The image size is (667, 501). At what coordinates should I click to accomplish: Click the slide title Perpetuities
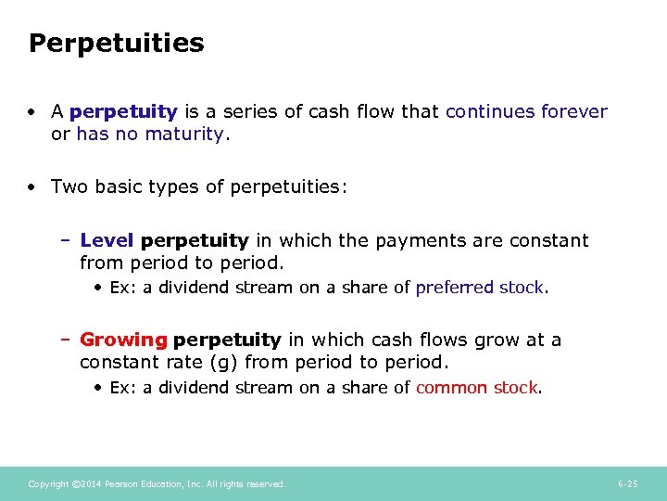pos(116,44)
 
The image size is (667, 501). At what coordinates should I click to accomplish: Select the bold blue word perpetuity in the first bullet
pos(123,112)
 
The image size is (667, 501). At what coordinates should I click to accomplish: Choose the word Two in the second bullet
pos(69,187)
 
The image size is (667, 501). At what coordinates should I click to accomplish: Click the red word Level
pos(107,241)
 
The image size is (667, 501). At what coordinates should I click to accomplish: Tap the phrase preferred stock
pos(480,288)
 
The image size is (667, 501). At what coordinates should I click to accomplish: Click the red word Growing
pos(123,340)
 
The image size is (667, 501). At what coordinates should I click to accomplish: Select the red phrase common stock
pos(476,388)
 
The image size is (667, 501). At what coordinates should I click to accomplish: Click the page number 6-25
pos(627,484)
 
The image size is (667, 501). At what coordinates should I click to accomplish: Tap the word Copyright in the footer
pos(48,484)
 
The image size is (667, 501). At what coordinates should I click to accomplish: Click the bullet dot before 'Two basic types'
pos(32,187)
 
